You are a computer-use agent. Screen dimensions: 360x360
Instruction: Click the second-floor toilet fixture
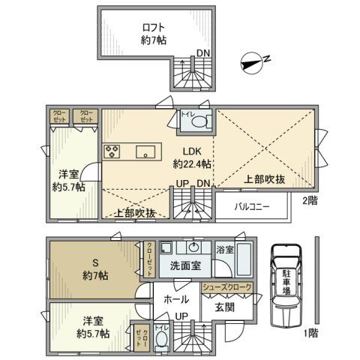(202, 122)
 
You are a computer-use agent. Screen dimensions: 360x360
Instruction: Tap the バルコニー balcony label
(251, 205)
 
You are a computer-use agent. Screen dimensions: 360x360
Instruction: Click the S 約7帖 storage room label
(95, 268)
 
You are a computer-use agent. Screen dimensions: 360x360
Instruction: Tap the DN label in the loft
(204, 52)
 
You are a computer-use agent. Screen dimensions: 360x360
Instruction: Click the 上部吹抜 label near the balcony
(265, 180)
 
